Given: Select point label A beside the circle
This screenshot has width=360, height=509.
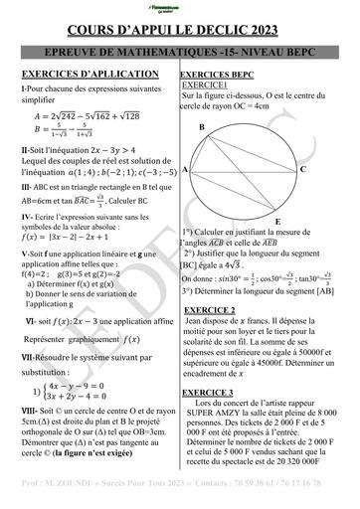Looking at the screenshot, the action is coord(186,170).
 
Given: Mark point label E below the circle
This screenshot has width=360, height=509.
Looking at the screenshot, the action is coord(277,221).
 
